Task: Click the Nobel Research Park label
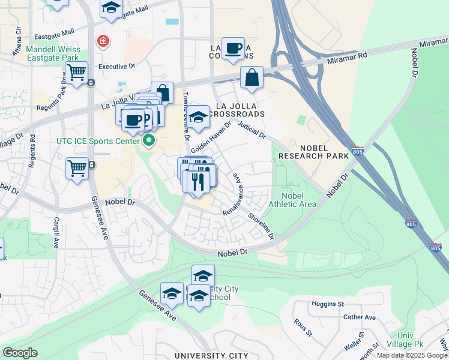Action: pos(319,151)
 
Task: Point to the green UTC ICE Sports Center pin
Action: pos(149,142)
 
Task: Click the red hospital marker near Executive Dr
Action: pos(103,41)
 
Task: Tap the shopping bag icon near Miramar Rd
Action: pos(252,78)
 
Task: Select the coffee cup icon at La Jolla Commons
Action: pos(233,49)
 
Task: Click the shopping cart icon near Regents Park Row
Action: pos(76,73)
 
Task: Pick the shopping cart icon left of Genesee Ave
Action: pos(77,169)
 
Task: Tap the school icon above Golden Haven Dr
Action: pos(198,118)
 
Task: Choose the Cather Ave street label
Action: pos(359,317)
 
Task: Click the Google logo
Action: pos(20,353)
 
